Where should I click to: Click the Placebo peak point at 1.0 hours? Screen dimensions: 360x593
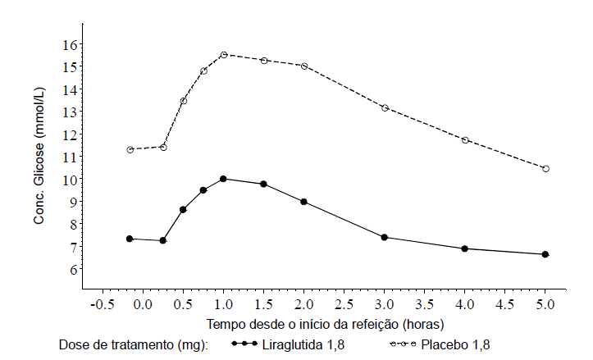(x=223, y=55)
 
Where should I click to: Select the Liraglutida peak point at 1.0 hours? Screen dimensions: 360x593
(x=223, y=179)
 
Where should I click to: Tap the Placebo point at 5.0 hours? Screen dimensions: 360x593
(x=545, y=169)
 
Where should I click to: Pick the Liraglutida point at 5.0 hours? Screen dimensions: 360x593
(x=545, y=254)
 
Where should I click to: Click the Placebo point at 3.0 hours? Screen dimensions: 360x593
(x=385, y=107)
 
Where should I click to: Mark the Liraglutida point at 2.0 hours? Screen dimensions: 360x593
(x=303, y=202)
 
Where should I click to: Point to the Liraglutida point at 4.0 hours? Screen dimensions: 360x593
(x=465, y=248)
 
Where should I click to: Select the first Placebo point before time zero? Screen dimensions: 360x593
(x=130, y=149)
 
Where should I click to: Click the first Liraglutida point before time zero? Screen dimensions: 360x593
(x=130, y=239)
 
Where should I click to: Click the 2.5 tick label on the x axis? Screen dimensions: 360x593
(x=344, y=304)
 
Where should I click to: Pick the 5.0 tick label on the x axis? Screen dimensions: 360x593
(x=545, y=304)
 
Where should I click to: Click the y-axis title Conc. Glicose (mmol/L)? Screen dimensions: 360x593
(x=39, y=156)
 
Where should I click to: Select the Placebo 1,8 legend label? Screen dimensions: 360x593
(x=455, y=344)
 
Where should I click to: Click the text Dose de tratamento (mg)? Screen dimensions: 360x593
(x=135, y=344)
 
